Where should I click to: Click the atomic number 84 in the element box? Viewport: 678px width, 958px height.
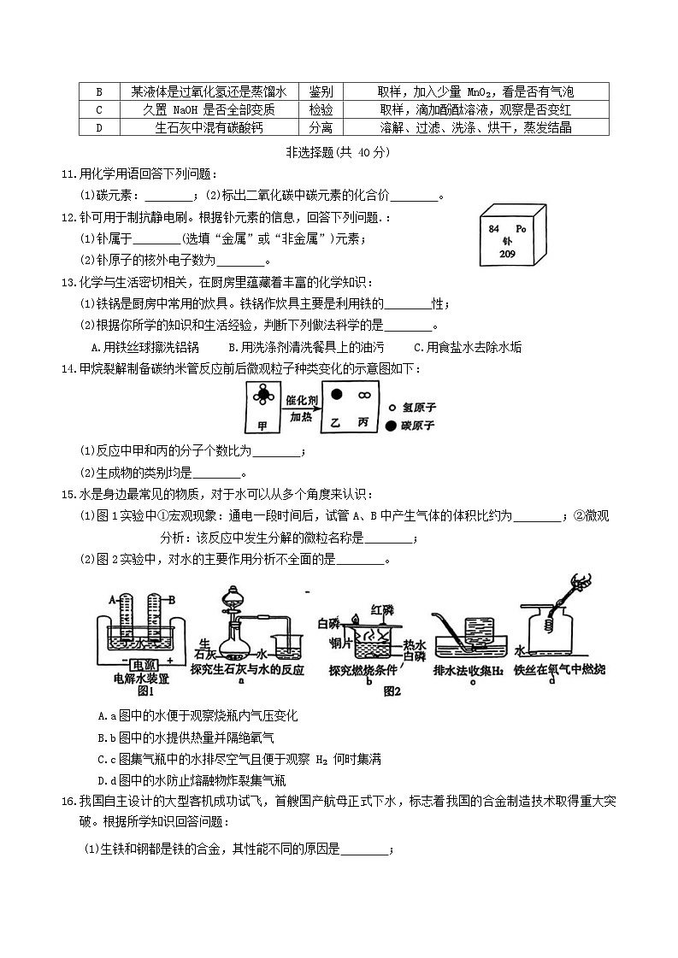tap(493, 230)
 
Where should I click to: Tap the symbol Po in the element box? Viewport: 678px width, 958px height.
tap(523, 230)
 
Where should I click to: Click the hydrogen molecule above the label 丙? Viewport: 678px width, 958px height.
tap(364, 394)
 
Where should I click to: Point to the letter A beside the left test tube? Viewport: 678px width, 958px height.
tap(111, 600)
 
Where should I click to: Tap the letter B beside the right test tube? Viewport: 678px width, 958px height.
tap(172, 600)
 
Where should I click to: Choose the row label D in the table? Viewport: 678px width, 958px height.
tap(99, 127)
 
